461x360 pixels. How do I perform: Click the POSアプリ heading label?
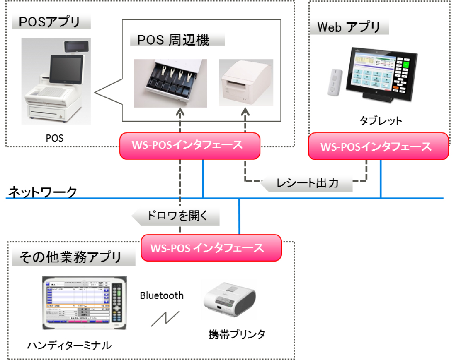50,22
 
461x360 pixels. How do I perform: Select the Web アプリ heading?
349,27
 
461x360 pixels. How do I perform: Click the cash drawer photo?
170,83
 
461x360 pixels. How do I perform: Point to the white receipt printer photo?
246,83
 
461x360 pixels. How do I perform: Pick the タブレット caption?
381,121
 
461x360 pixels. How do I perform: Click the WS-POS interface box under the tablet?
378,146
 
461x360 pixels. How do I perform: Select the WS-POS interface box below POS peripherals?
189,145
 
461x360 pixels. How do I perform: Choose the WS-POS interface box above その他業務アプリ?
211,248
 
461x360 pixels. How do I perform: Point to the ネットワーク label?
42,192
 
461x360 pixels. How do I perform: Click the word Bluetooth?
162,295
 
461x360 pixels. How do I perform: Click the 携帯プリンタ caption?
237,334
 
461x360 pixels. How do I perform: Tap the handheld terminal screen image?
84,303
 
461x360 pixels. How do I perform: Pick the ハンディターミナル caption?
69,346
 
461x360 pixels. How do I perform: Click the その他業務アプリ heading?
71,257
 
